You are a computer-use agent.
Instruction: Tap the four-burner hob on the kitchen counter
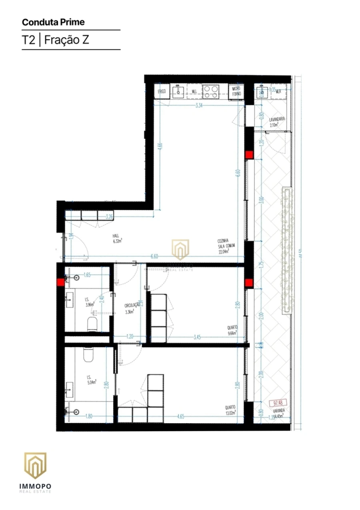click(211, 92)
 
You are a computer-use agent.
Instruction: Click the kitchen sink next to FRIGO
click(178, 92)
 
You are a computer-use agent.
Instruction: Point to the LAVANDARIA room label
click(277, 122)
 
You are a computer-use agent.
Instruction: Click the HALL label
click(116, 239)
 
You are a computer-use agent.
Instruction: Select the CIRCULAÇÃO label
click(132, 307)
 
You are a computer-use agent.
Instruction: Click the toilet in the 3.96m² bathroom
click(92, 325)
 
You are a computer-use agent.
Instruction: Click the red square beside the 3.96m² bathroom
click(60, 282)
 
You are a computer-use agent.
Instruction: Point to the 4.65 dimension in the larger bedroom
click(180, 416)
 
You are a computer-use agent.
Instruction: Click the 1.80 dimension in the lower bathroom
click(88, 416)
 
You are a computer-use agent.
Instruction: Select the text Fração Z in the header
click(66, 40)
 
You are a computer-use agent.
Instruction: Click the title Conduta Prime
click(53, 22)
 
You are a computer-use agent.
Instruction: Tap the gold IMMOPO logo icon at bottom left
click(35, 466)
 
